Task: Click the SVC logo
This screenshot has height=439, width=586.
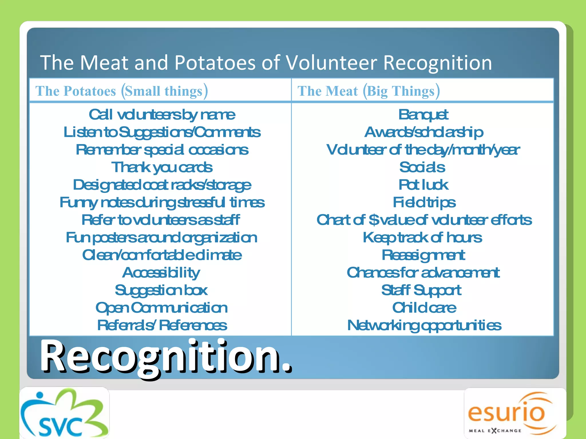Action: click(64, 413)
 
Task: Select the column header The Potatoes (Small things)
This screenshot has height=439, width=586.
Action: click(122, 91)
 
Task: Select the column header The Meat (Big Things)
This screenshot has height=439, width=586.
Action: click(369, 91)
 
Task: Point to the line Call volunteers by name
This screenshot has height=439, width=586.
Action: click(162, 115)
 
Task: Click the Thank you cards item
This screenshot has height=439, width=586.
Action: click(162, 167)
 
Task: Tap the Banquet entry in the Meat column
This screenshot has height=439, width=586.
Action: click(423, 115)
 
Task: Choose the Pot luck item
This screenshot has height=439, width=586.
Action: click(423, 185)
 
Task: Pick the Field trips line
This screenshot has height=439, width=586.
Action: click(424, 202)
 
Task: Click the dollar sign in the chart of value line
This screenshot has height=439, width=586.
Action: click(374, 220)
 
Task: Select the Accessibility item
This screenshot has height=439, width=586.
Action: click(161, 273)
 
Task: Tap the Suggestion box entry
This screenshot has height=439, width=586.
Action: click(161, 290)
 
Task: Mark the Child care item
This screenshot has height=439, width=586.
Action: click(424, 308)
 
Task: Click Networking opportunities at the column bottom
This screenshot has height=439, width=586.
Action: click(424, 325)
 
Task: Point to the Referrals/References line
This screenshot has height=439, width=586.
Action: click(162, 325)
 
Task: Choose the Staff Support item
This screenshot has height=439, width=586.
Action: click(421, 290)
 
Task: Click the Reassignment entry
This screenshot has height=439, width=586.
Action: click(423, 255)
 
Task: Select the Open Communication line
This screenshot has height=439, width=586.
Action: click(162, 308)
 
